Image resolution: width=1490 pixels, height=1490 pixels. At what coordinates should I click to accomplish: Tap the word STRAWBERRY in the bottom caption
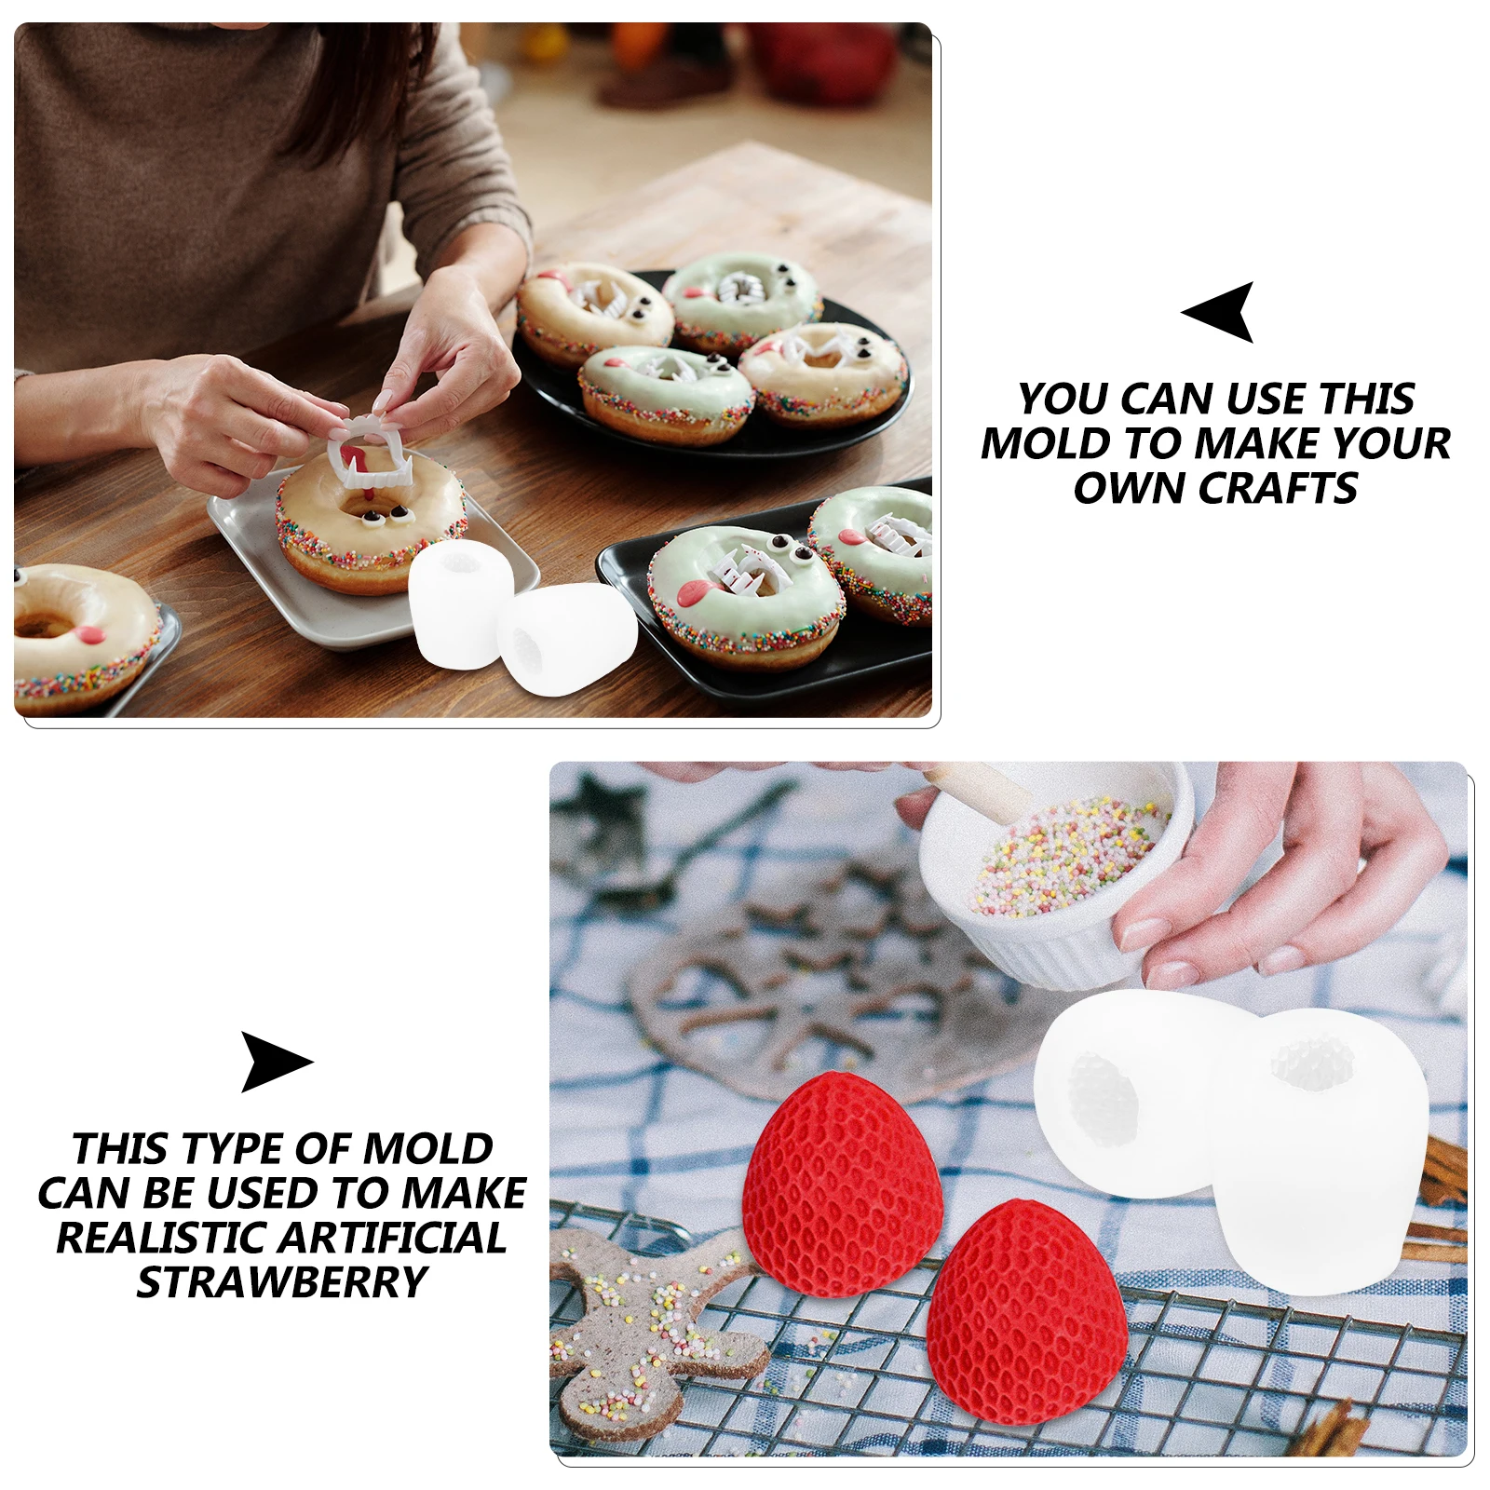281,1282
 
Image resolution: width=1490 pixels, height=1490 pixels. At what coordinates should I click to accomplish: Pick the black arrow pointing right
273,1062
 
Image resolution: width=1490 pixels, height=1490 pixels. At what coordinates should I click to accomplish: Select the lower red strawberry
1024,1313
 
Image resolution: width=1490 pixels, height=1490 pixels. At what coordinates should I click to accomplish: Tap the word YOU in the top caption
1063,400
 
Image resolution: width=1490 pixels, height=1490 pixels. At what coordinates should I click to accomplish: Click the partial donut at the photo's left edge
79,633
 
